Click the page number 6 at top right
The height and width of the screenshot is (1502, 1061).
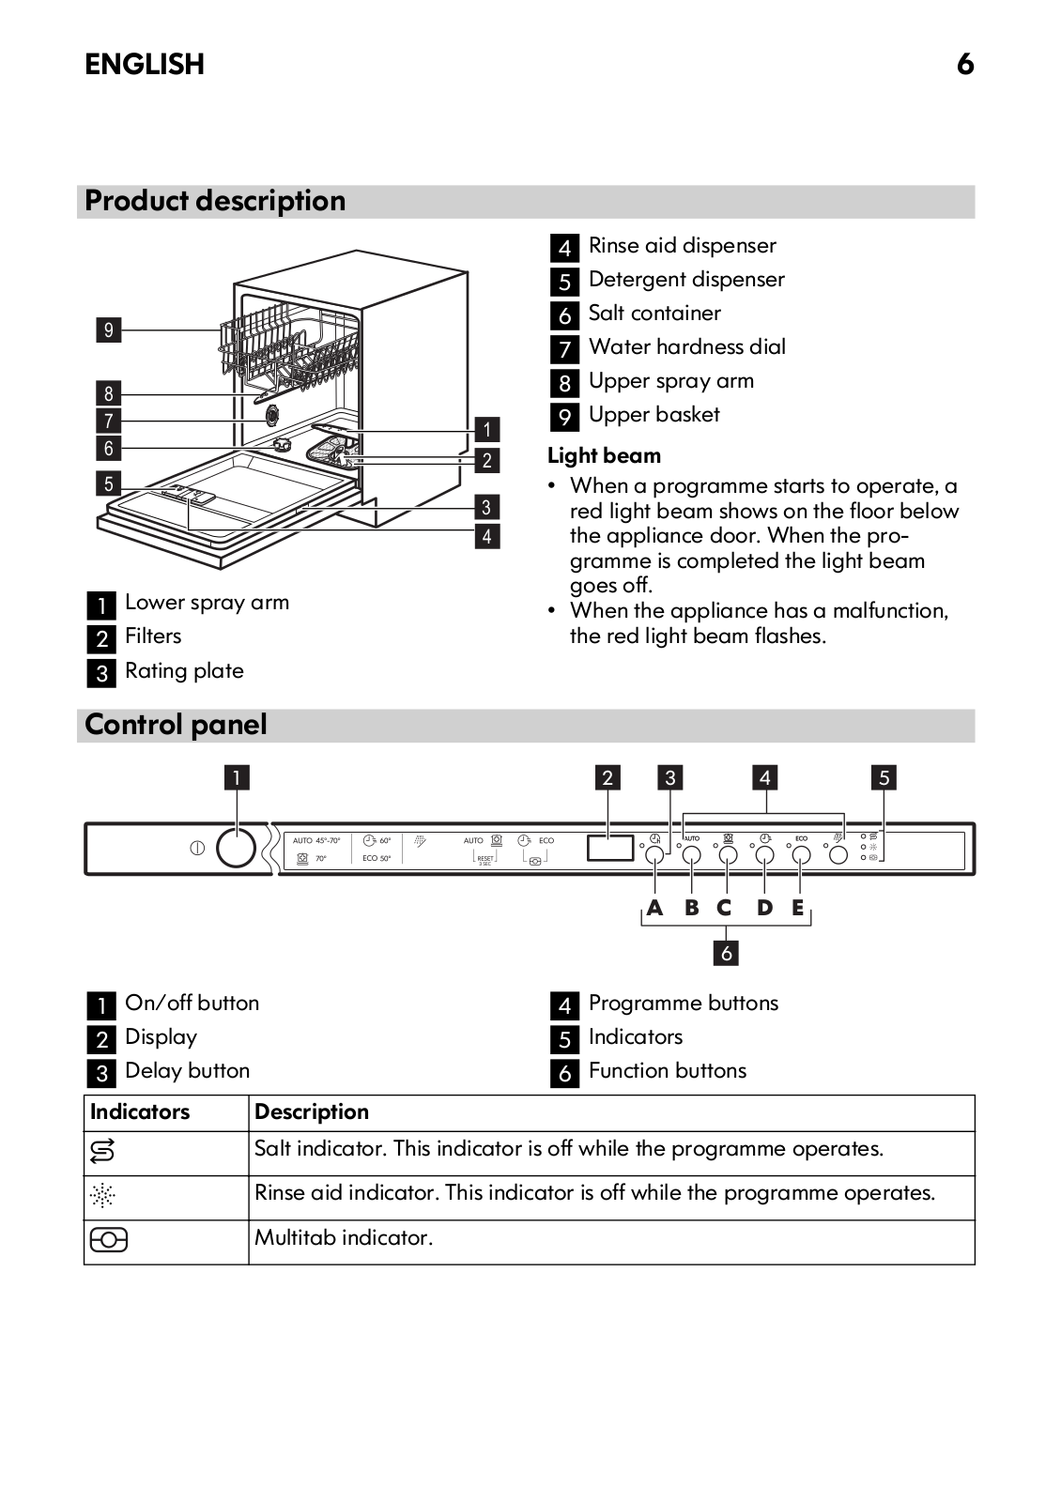coord(965,64)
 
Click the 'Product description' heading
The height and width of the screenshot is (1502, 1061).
coord(215,201)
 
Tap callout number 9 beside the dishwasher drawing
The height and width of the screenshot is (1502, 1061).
coord(109,330)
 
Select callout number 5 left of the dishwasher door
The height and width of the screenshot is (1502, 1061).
coord(109,483)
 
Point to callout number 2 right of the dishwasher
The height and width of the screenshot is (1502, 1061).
coord(486,460)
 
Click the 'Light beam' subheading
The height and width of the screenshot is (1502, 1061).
coord(604,455)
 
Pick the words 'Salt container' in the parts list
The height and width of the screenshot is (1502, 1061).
coord(654,313)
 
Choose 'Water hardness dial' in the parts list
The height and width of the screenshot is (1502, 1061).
coord(686,346)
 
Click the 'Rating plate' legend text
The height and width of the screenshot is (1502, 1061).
coord(184,670)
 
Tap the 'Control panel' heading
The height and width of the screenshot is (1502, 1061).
coord(176,725)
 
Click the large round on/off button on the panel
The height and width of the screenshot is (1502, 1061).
coord(236,848)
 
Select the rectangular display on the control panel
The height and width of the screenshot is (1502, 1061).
coord(610,848)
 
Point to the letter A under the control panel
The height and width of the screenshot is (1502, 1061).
coord(654,908)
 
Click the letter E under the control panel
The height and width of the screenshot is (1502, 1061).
coord(798,908)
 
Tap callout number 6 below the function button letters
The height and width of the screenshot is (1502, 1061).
coord(726,953)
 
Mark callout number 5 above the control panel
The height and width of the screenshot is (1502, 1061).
coord(884,777)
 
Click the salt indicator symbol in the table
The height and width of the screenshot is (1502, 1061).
coord(102,1151)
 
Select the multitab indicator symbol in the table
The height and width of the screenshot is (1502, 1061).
coord(109,1240)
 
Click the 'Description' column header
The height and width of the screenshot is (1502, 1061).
coord(312,1111)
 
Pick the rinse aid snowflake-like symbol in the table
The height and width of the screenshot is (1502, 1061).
coord(102,1195)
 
